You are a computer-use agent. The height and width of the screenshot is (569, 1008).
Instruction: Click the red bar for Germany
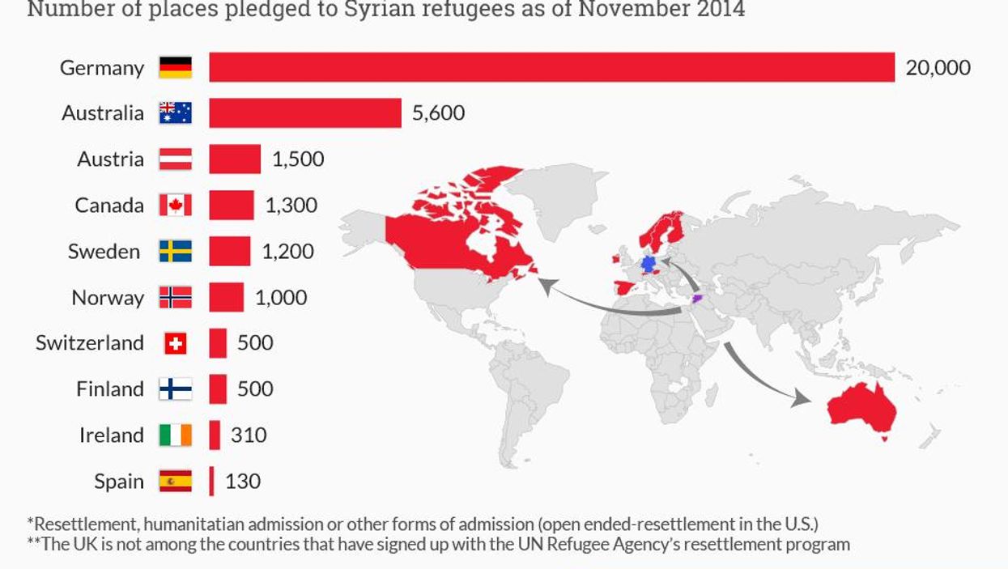coord(551,67)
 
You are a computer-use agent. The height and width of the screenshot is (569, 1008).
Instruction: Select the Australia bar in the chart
coord(304,113)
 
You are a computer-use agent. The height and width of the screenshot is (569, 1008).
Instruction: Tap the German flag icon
coord(175,67)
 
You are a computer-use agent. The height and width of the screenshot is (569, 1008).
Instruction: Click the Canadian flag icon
coord(175,206)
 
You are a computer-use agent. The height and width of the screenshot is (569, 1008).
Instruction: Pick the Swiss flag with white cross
coord(175,343)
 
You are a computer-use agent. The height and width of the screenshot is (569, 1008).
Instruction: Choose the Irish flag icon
coord(175,435)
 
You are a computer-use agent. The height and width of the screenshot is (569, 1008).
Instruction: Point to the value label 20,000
coord(938,67)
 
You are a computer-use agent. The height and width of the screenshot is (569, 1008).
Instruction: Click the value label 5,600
coord(438,113)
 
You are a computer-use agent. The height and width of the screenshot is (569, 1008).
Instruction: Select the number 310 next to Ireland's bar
coord(249,435)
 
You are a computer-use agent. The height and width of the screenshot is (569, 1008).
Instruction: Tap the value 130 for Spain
coord(243,482)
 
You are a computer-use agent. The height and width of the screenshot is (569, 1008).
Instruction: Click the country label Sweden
coord(104,252)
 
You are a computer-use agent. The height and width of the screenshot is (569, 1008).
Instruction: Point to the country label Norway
coord(108,298)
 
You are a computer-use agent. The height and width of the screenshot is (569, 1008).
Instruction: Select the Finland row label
coord(110,389)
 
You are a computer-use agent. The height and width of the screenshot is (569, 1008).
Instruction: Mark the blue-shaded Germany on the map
coord(647,265)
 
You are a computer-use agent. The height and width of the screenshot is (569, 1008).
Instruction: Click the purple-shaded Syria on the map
coord(697,299)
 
